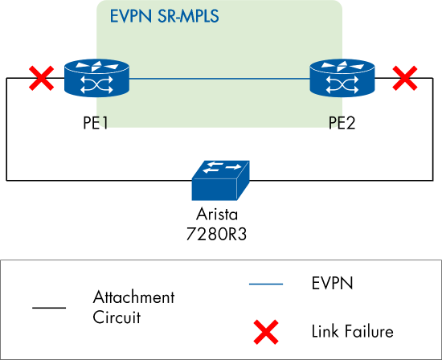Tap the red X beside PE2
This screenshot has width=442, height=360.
(x=404, y=78)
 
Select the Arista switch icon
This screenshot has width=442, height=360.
(x=220, y=180)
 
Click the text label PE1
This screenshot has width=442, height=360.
(x=96, y=124)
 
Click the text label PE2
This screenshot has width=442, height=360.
(x=341, y=124)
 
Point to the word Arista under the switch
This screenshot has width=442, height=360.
(x=218, y=215)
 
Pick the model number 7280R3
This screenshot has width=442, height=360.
(x=218, y=232)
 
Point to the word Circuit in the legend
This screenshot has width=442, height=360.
(x=117, y=317)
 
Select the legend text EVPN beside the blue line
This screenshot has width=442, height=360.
(x=330, y=283)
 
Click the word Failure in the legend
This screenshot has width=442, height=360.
(x=366, y=330)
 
